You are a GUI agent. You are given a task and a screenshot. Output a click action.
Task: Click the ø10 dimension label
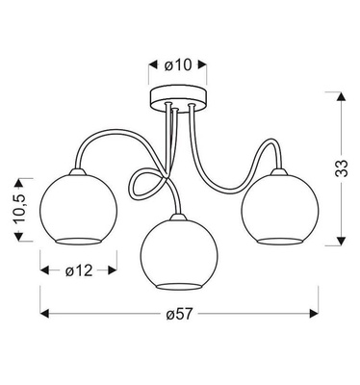(180, 65)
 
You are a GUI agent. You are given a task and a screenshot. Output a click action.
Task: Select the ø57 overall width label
(179, 314)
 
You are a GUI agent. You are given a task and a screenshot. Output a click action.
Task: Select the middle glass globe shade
(179, 254)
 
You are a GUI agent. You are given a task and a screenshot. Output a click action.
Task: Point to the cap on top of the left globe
(78, 170)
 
